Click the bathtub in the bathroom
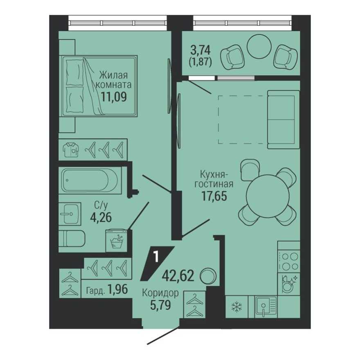coord(90,180)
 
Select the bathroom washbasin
coord(70,213)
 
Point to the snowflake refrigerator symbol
coord(237,307)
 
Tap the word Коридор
coord(160,293)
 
